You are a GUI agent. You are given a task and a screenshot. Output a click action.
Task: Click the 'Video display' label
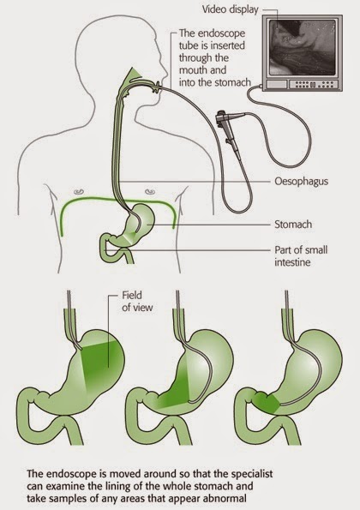click(230, 9)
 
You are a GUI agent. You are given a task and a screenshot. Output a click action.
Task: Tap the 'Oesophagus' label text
click(301, 181)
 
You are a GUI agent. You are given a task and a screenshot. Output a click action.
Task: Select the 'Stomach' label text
click(293, 224)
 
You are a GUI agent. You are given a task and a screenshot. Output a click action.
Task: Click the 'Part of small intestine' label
click(301, 256)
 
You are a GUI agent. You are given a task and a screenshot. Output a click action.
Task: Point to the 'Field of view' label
click(137, 301)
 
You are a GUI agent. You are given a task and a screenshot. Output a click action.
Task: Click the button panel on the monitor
click(311, 85)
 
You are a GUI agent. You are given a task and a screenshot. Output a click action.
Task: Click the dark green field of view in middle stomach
click(177, 390)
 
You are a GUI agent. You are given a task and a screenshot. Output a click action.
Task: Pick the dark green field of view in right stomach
click(267, 403)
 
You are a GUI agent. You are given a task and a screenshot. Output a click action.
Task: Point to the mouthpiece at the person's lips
click(159, 87)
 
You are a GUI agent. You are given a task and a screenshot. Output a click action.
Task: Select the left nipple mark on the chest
click(79, 192)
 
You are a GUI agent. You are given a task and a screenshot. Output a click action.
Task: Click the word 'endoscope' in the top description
click(221, 33)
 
